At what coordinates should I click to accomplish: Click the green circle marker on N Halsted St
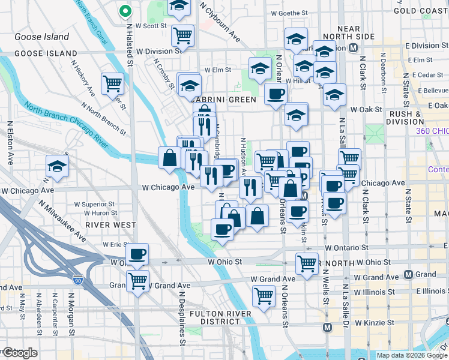(x=125, y=11)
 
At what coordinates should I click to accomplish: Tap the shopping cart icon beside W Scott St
(x=182, y=35)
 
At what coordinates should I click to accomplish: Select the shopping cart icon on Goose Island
(x=112, y=83)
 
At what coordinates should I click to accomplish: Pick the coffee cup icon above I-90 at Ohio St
(x=137, y=253)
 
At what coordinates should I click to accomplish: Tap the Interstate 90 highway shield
(x=78, y=280)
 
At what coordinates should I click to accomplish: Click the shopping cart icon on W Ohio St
(x=307, y=263)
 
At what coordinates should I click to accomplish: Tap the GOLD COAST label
(x=421, y=11)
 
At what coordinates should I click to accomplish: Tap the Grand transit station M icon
(x=409, y=275)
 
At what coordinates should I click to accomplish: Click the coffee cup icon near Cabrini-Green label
(x=276, y=94)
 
